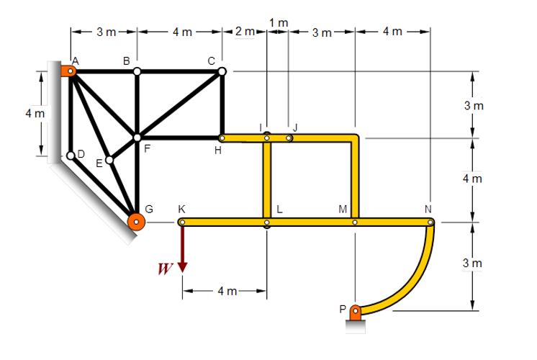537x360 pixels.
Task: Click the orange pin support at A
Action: [68, 71]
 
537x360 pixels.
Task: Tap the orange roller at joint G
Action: [136, 222]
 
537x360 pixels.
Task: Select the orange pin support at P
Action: [356, 312]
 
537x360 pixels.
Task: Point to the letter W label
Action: [165, 269]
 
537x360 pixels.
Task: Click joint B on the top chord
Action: [137, 71]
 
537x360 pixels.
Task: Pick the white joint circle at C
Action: [222, 71]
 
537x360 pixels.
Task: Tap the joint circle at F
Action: [137, 138]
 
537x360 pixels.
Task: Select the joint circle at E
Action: [109, 160]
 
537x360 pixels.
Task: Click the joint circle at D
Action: [71, 156]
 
